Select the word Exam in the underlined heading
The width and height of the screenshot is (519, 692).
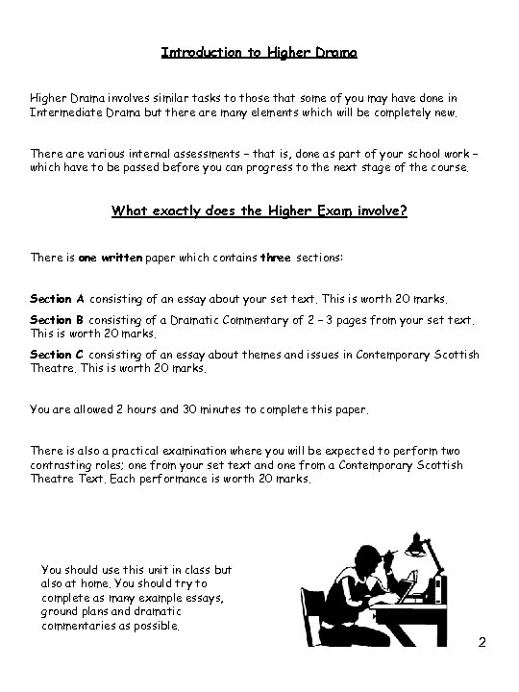click(x=324, y=210)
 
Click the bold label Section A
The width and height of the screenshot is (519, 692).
click(x=58, y=299)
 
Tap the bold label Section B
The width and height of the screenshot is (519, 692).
click(x=58, y=319)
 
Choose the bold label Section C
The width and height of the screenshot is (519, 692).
click(x=58, y=355)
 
